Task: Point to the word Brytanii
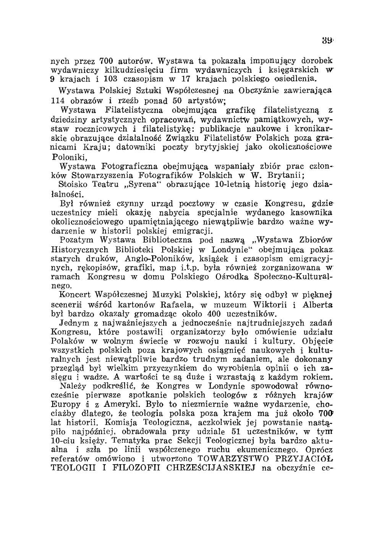(x=287, y=176)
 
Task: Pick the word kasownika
(x=308, y=213)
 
